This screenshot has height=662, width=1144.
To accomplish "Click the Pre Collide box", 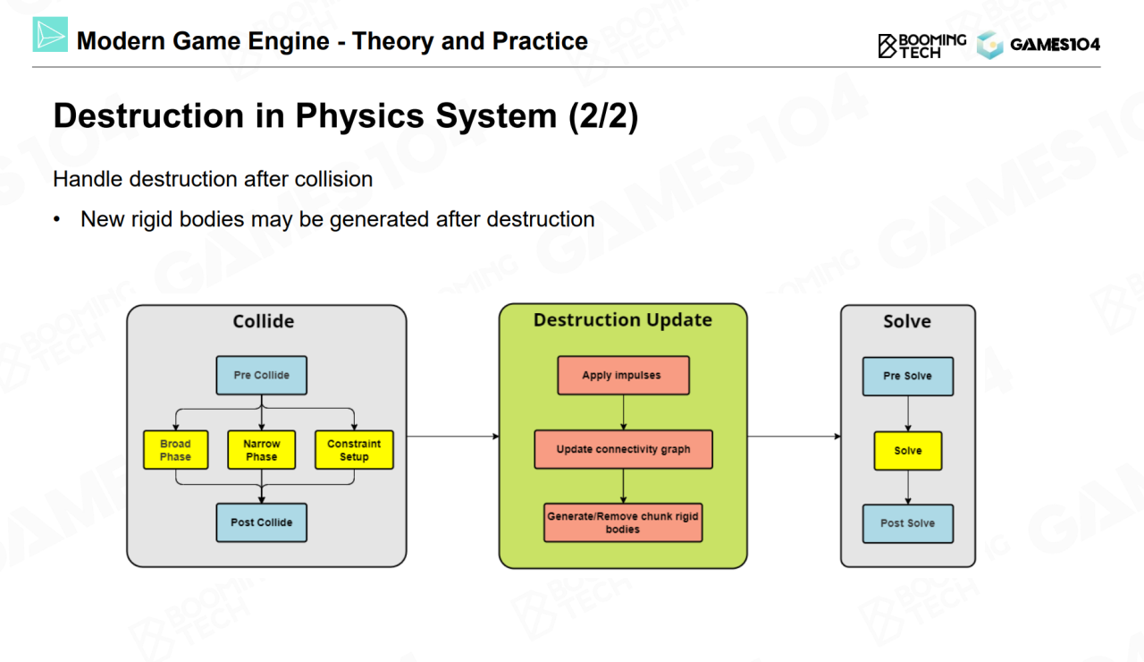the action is point(262,375).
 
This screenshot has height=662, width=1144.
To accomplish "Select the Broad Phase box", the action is point(176,450).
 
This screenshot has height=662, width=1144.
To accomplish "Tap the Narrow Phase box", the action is point(262,450).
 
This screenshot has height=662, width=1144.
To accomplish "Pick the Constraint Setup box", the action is point(355,450).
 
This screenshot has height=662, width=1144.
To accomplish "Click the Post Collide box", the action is point(262,522).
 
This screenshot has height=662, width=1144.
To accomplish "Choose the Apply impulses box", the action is point(623,375).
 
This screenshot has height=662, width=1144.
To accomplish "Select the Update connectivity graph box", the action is point(623,449).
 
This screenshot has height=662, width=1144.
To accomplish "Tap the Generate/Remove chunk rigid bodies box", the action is point(623,522).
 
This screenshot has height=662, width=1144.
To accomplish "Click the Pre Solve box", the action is point(907,377).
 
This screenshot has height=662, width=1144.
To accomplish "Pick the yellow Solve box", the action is point(907,451).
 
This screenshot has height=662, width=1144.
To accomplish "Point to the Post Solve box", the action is point(907,523).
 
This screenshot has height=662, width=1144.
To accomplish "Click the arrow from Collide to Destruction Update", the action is point(453,437).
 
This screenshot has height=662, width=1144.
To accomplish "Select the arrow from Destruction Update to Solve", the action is point(795,437).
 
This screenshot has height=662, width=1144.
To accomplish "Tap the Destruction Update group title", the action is point(623,320).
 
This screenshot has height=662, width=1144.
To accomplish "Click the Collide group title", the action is point(264,321).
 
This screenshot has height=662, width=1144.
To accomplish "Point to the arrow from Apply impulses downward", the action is point(623,412).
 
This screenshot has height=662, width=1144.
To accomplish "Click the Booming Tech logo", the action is point(921,46).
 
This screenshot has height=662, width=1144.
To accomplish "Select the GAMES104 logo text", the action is point(1056,45).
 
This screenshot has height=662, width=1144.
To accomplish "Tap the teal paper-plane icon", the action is point(50,34).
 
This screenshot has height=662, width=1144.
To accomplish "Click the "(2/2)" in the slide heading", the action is point(603,116).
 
